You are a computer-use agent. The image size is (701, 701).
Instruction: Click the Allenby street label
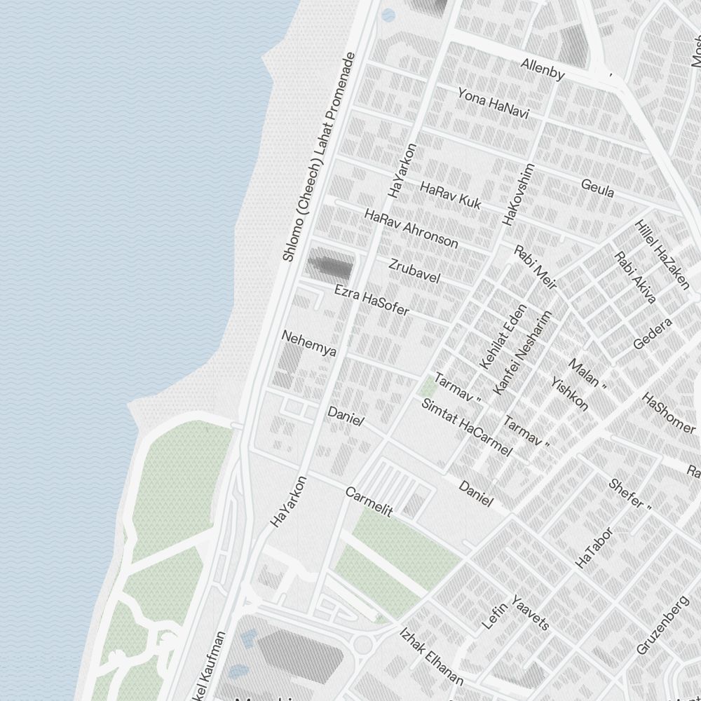pos(543,69)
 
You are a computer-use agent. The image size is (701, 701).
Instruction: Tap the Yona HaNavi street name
pos(493,103)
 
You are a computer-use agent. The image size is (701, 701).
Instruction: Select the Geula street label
pos(597,188)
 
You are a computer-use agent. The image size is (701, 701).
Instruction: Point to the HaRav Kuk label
pos(451,196)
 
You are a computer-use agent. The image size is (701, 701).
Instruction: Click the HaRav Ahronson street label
pos(411,229)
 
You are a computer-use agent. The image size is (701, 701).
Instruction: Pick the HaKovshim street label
pos(519,194)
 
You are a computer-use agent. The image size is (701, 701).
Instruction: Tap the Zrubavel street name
pos(414,271)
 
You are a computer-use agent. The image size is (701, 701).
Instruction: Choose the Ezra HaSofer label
pos(372,300)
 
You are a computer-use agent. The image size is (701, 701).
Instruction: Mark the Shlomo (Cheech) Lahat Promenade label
pos(319,157)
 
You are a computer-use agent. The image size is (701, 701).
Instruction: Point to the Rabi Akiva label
pos(635,278)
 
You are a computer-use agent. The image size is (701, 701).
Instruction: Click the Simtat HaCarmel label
pos(466,426)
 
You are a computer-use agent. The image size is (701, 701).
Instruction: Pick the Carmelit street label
pos(369,502)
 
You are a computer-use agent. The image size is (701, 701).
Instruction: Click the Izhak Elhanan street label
pos(431,656)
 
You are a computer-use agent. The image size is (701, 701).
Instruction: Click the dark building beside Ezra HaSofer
pos(330,266)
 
